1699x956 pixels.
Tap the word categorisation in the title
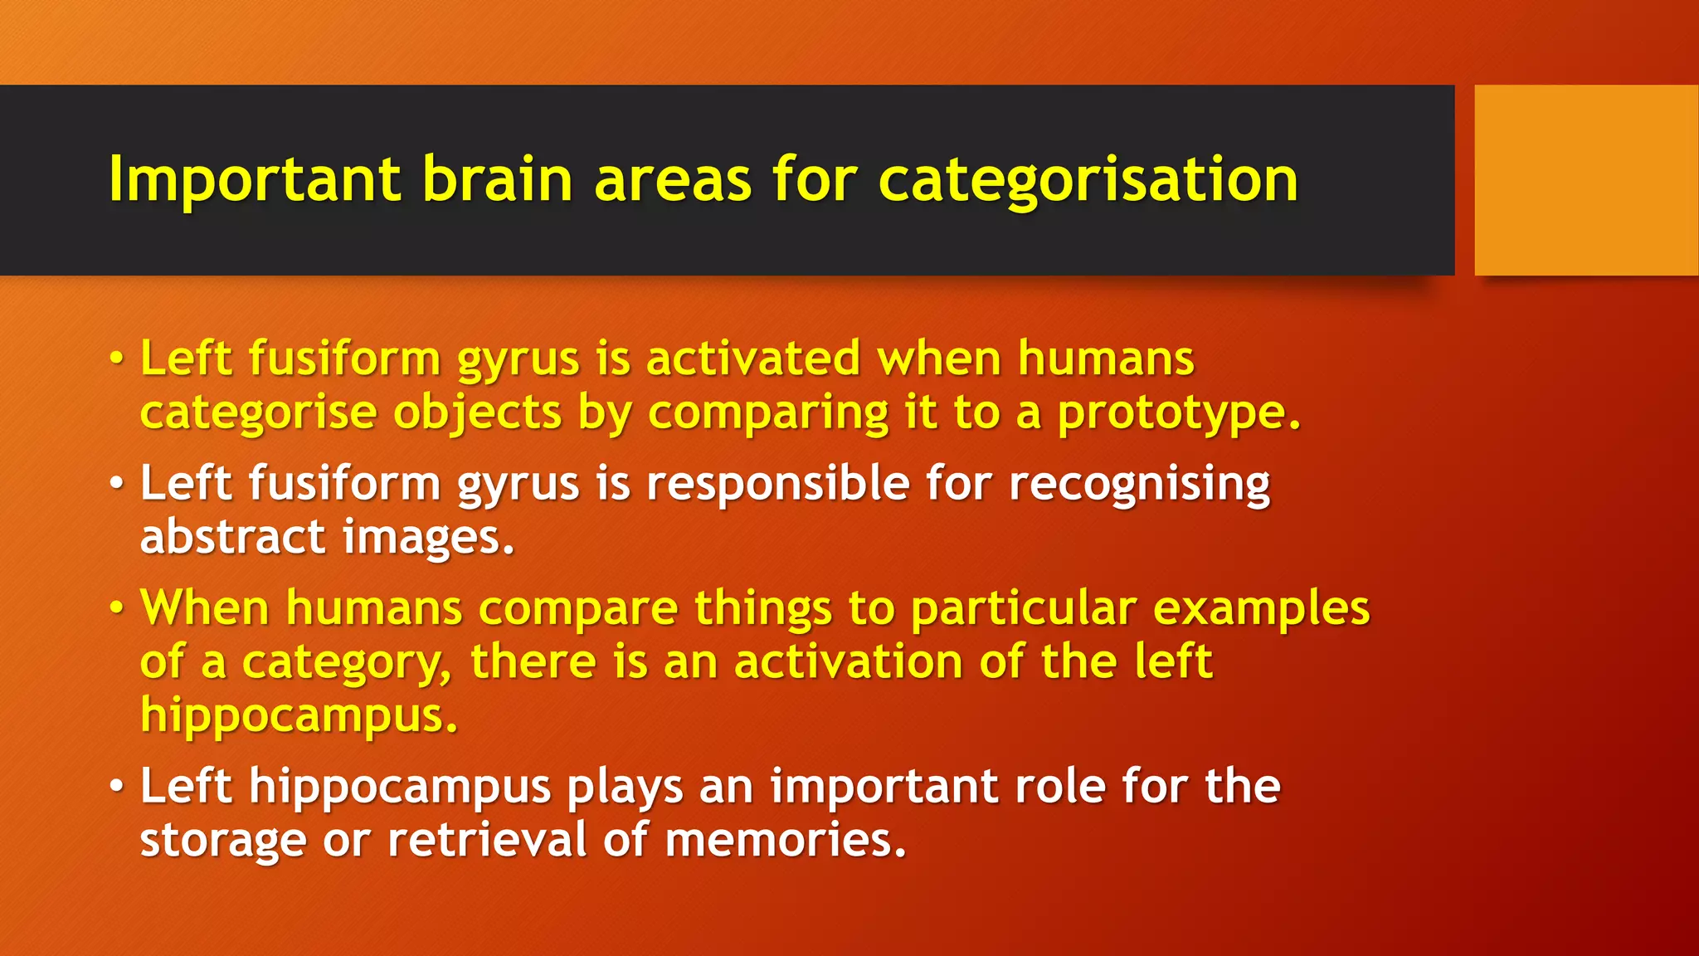1088,180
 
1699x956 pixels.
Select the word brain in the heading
497,180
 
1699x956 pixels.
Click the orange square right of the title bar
1585,180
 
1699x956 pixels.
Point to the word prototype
1179,413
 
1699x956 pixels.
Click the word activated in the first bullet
753,359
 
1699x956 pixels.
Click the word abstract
233,537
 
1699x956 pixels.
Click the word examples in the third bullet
1261,609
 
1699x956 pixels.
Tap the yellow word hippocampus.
299,715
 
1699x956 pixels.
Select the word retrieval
487,840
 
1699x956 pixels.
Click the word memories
785,840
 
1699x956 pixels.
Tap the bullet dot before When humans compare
117,609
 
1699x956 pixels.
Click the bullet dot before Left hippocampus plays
117,786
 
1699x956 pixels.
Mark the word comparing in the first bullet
767,413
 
